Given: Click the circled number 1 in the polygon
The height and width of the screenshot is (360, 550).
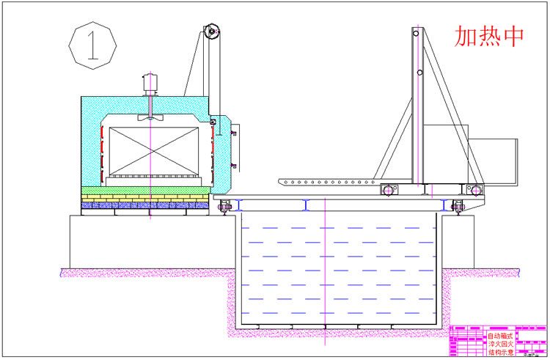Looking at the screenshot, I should [x=93, y=45].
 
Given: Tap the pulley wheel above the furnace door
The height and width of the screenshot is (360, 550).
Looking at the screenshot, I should [x=212, y=31].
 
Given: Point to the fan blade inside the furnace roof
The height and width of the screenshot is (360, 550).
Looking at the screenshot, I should [x=150, y=117].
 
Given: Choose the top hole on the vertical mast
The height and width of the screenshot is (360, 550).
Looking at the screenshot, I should [x=417, y=32].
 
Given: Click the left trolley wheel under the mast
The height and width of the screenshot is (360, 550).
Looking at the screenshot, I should [x=386, y=190].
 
